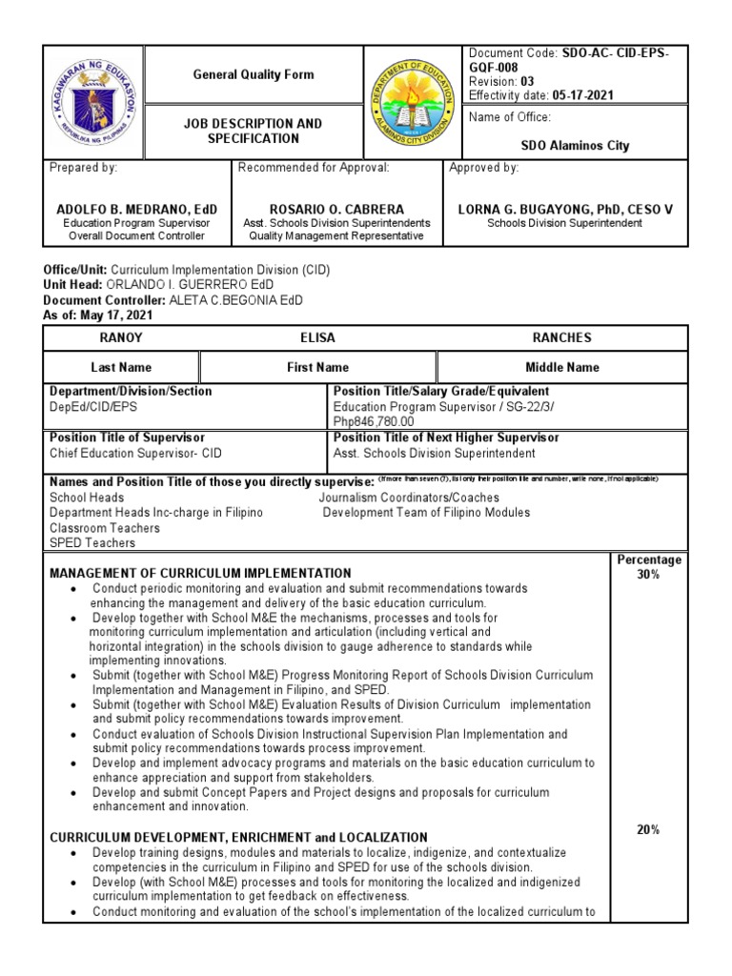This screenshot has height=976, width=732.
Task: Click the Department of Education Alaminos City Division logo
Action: click(411, 101)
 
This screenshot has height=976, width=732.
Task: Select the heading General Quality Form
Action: click(253, 74)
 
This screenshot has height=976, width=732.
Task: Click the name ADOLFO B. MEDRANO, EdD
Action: click(137, 209)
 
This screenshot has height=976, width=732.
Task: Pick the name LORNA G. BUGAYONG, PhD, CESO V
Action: click(565, 209)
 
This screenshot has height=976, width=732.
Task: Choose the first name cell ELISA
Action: click(317, 337)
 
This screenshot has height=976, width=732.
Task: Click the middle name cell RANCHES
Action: click(562, 337)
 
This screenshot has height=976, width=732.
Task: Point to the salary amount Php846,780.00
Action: click(374, 420)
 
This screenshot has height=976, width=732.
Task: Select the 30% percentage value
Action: click(649, 575)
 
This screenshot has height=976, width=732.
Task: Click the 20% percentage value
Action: click(649, 829)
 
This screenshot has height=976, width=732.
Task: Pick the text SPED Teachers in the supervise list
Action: click(92, 542)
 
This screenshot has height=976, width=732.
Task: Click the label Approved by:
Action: click(484, 168)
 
